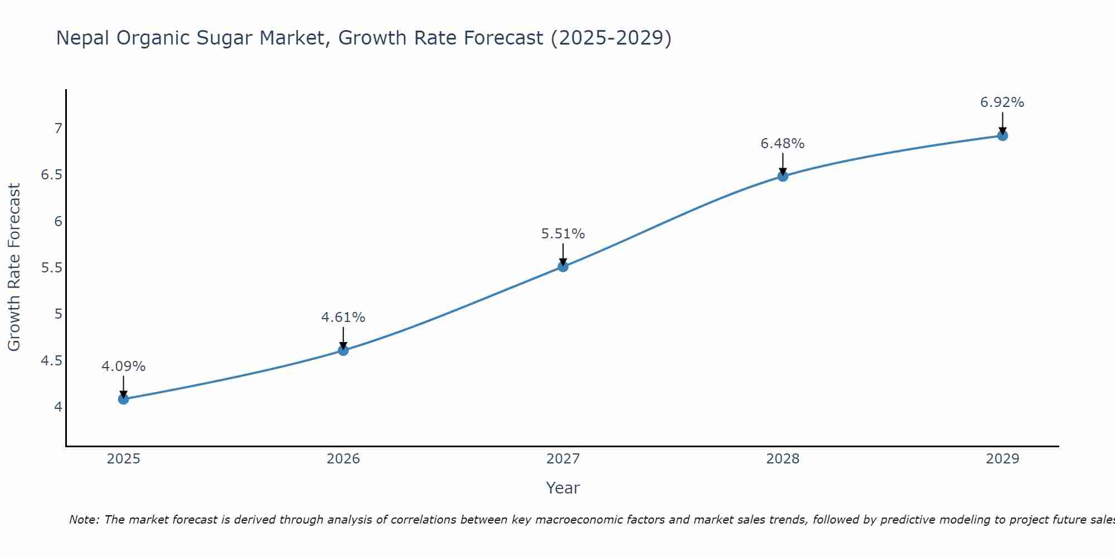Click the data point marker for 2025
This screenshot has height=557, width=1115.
pos(124,399)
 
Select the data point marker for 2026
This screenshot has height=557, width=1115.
pos(343,350)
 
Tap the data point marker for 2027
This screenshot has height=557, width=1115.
pos(563,267)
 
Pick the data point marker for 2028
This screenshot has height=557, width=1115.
pos(783,177)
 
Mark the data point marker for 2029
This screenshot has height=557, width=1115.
pos(1002,135)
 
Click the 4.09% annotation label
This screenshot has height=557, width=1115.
pos(124,367)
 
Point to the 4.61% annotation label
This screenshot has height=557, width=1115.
pos(343,317)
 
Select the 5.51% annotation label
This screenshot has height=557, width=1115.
pos(563,234)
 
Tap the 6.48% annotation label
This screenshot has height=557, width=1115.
pos(783,144)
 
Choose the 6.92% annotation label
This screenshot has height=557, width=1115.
pos(1002,102)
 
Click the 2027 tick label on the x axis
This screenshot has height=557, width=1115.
pos(563,459)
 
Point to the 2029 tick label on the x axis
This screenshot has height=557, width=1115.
pos(1002,459)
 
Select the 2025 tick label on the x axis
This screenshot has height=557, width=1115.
pos(124,459)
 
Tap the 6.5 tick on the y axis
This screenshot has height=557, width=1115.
pos(51,175)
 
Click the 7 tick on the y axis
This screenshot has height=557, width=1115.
pos(58,129)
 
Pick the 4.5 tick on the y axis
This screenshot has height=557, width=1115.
pos(51,361)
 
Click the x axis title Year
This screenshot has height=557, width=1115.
pos(563,488)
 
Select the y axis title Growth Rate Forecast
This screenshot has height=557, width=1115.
pos(14,267)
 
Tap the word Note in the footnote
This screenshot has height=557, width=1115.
pos(84,520)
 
